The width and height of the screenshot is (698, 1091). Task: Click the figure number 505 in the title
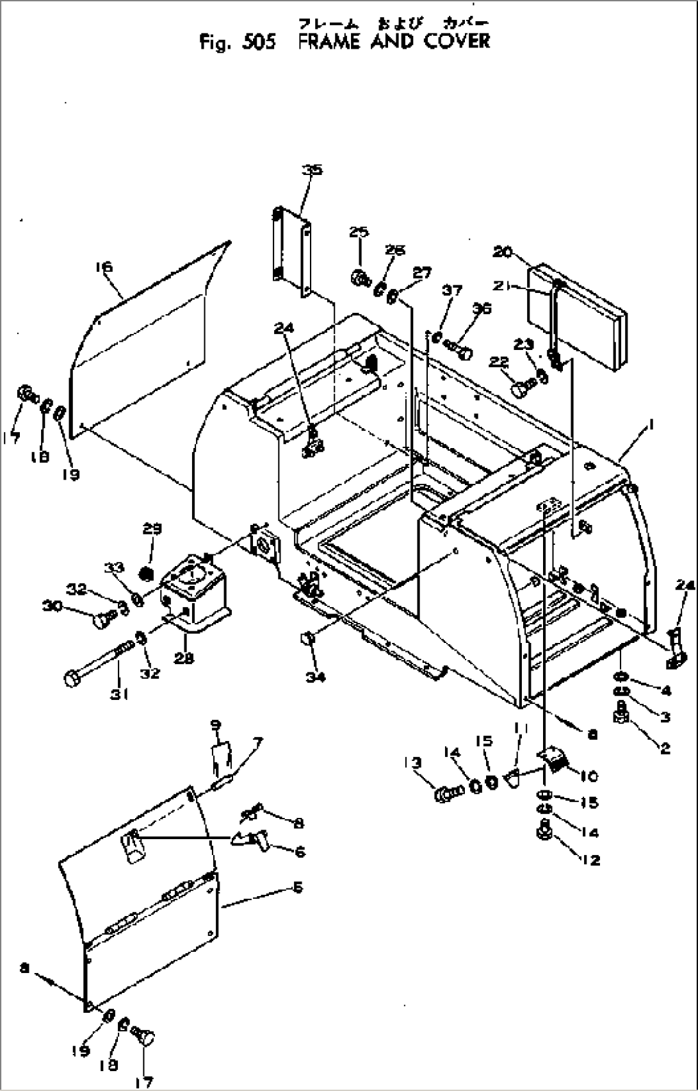[259, 42]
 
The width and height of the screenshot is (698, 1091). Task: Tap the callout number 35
[312, 170]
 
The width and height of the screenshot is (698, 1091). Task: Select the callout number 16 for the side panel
[104, 267]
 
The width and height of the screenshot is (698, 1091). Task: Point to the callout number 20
[502, 252]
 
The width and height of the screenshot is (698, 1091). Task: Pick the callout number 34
[314, 676]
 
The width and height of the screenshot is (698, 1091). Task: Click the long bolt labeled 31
[96, 667]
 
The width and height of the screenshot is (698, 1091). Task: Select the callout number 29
[152, 529]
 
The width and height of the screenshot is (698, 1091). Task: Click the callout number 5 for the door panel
[297, 887]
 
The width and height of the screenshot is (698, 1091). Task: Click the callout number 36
[482, 308]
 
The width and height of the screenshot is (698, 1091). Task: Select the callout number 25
[359, 231]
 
